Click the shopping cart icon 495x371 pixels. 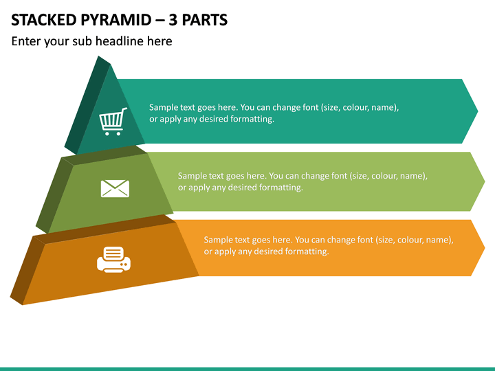(x=113, y=122)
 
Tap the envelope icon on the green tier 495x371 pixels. (x=115, y=189)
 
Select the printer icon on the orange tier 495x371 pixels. (x=113, y=259)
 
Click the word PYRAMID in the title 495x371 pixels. (x=116, y=20)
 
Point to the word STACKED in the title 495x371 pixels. (x=43, y=20)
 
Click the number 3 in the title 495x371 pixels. (x=173, y=20)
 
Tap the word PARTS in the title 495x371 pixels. (x=205, y=20)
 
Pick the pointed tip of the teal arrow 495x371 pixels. (x=478, y=111)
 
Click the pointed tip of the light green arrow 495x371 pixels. (x=485, y=181)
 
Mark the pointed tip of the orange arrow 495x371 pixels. (x=485, y=247)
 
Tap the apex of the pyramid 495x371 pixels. (x=98, y=56)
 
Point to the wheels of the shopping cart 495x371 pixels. (x=113, y=133)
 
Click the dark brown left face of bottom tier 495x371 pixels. (x=27, y=270)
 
